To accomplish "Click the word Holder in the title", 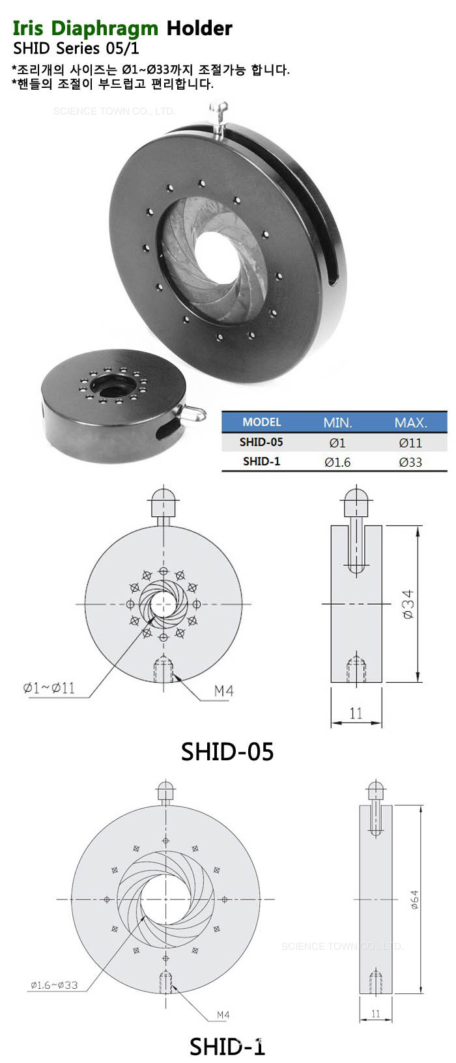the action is click(199, 29).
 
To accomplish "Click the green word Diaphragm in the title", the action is click(104, 29).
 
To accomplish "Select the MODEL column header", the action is click(262, 422).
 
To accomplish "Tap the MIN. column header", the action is click(337, 422).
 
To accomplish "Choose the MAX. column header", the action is click(411, 422).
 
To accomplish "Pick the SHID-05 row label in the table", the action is click(261, 442).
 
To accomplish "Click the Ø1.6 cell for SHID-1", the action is click(337, 462).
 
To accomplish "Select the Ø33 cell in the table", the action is click(410, 462).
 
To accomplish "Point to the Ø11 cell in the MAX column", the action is click(410, 443).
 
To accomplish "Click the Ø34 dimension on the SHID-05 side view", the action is click(408, 604).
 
